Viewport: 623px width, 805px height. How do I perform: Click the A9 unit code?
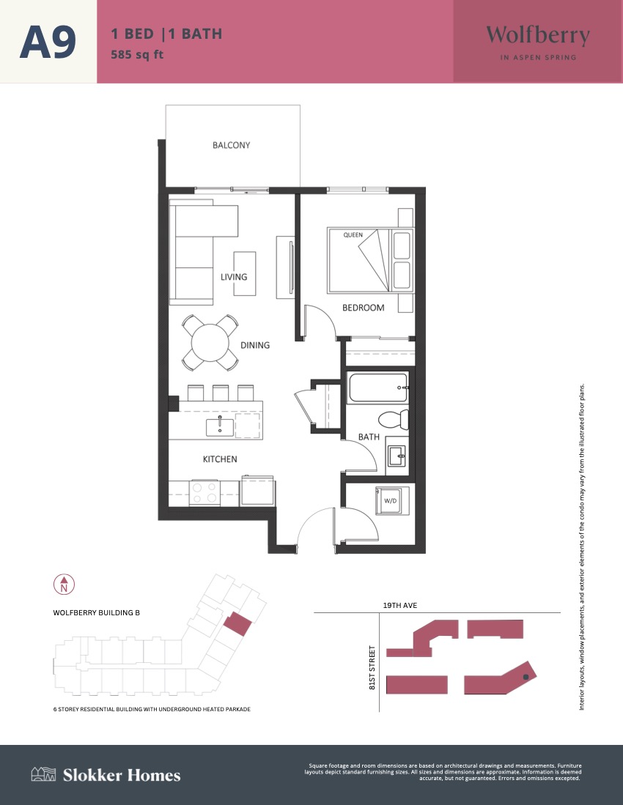click(48, 42)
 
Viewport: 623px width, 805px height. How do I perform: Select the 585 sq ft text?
click(137, 54)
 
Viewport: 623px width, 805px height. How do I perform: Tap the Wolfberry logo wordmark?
click(538, 36)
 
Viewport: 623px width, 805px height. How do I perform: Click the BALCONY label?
click(231, 145)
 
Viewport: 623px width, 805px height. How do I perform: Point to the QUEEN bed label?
click(353, 234)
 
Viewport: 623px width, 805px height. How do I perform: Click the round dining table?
click(210, 343)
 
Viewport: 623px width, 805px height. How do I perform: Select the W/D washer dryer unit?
click(392, 500)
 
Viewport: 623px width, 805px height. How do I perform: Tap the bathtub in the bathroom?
click(378, 387)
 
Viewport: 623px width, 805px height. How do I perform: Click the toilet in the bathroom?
click(394, 420)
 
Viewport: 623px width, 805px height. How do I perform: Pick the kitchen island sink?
click(219, 427)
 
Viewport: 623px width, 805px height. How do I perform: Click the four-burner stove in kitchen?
click(204, 493)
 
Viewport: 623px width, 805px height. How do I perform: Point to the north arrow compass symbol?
click(64, 585)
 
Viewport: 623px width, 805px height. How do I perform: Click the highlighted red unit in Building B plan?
click(237, 623)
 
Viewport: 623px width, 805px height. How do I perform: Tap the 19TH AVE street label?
click(400, 605)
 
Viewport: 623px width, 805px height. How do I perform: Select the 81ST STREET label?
click(372, 667)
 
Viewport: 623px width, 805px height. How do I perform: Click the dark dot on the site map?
click(526, 677)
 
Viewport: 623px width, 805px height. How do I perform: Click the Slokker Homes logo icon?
click(43, 774)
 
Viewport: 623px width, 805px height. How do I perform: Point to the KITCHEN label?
click(220, 459)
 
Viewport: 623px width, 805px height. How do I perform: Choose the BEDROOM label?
click(363, 308)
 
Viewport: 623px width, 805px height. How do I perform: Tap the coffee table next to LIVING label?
click(245, 274)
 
